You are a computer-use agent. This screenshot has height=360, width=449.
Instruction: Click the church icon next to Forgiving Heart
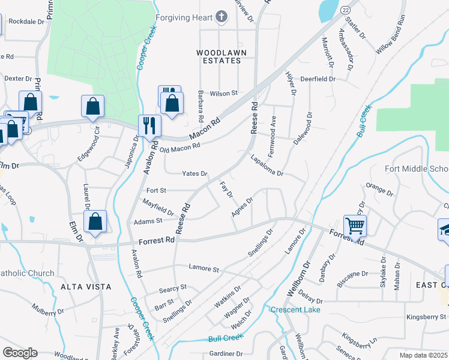coord(221,17)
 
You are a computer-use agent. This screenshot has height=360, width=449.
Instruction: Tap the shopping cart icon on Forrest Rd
coord(355,226)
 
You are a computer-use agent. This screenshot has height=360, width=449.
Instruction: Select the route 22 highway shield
coord(345,10)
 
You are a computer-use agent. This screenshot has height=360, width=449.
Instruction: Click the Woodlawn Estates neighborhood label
coord(221,57)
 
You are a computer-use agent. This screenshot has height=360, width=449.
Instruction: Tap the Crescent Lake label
coord(295,310)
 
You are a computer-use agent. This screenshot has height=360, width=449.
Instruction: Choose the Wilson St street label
coord(224,94)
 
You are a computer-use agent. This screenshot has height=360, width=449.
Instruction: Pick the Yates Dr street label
coord(195,174)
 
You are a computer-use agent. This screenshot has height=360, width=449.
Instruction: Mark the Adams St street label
coord(151,221)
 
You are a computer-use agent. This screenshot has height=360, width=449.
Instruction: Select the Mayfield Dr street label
coord(158,208)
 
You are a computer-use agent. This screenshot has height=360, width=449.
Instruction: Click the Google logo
coord(20,353)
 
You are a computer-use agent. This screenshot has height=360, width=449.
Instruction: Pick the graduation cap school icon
coord(445,230)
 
